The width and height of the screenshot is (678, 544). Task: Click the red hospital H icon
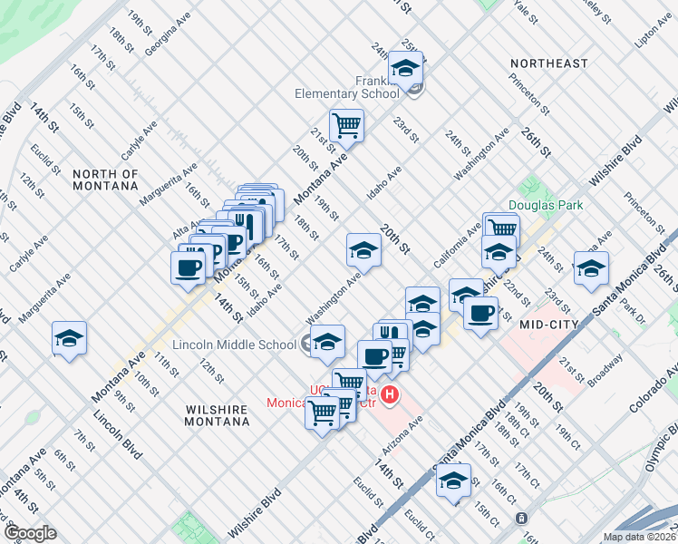(x=390, y=394)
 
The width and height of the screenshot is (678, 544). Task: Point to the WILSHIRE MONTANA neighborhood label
(x=217, y=416)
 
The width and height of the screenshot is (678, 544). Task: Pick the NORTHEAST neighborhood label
(x=549, y=63)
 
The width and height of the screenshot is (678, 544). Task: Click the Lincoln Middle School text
(x=235, y=345)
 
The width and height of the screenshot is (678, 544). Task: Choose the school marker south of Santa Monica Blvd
(x=453, y=480)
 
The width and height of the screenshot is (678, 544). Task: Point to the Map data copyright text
(x=639, y=537)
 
